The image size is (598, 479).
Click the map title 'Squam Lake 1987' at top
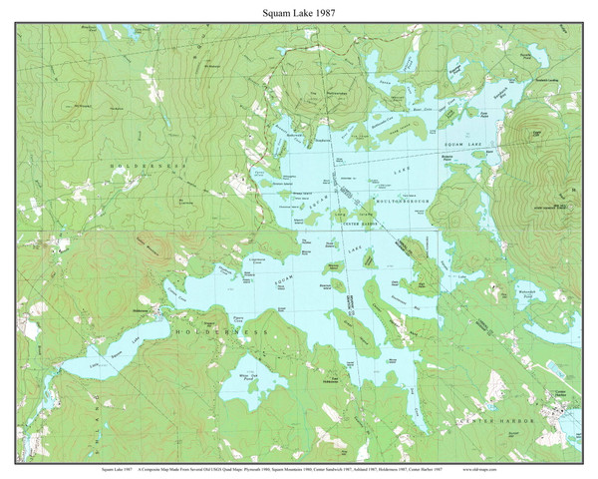pyautogui.click(x=299, y=11)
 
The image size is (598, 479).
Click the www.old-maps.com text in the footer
pyautogui.click(x=544, y=467)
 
